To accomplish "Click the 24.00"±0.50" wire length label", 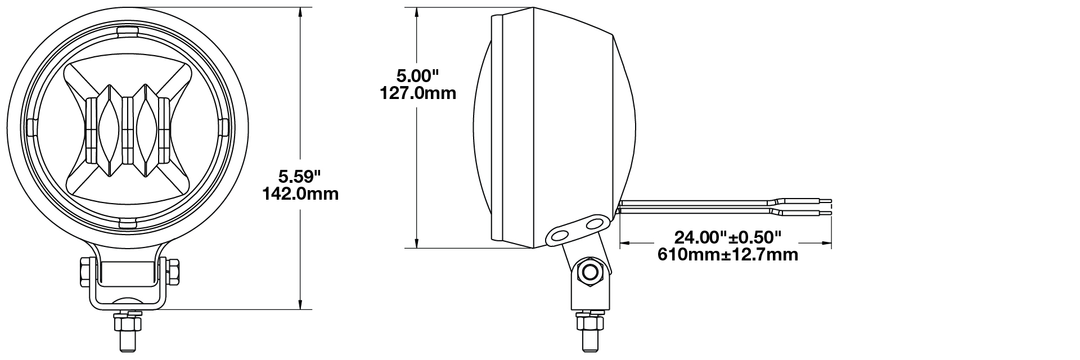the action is [728, 237].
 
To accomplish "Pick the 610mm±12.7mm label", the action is [728, 254].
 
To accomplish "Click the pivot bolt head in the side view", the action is [591, 272].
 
